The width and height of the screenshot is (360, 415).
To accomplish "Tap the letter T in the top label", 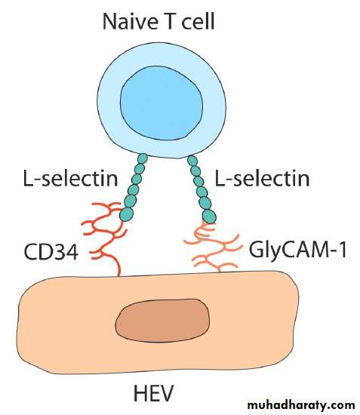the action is tap(171, 21).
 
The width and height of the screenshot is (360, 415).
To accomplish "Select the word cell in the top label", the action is tap(198, 21).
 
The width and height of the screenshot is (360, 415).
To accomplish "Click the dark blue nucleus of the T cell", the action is tap(162, 103).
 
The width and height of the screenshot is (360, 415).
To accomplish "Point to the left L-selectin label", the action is tap(70, 178).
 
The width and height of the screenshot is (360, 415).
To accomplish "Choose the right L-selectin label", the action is tap(262, 178).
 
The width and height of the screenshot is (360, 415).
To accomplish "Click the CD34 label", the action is tap(51, 251).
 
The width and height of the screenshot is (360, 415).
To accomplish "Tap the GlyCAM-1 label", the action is tap(298, 250).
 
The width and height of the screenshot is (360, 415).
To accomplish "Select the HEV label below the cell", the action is tap(153, 392).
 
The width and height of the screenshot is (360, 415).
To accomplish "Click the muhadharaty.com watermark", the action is tap(301, 405).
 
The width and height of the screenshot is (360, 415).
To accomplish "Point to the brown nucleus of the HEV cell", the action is tap(162, 320).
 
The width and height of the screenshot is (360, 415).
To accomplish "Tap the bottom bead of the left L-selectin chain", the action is tap(127, 214).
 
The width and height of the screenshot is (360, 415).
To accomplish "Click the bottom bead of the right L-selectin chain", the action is tap(209, 217).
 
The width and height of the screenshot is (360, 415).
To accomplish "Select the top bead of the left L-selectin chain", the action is tap(143, 158).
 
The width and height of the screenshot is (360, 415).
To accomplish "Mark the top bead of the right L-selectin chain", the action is tap(192, 161).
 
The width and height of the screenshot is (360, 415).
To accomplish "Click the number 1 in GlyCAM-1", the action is tap(343, 250).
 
